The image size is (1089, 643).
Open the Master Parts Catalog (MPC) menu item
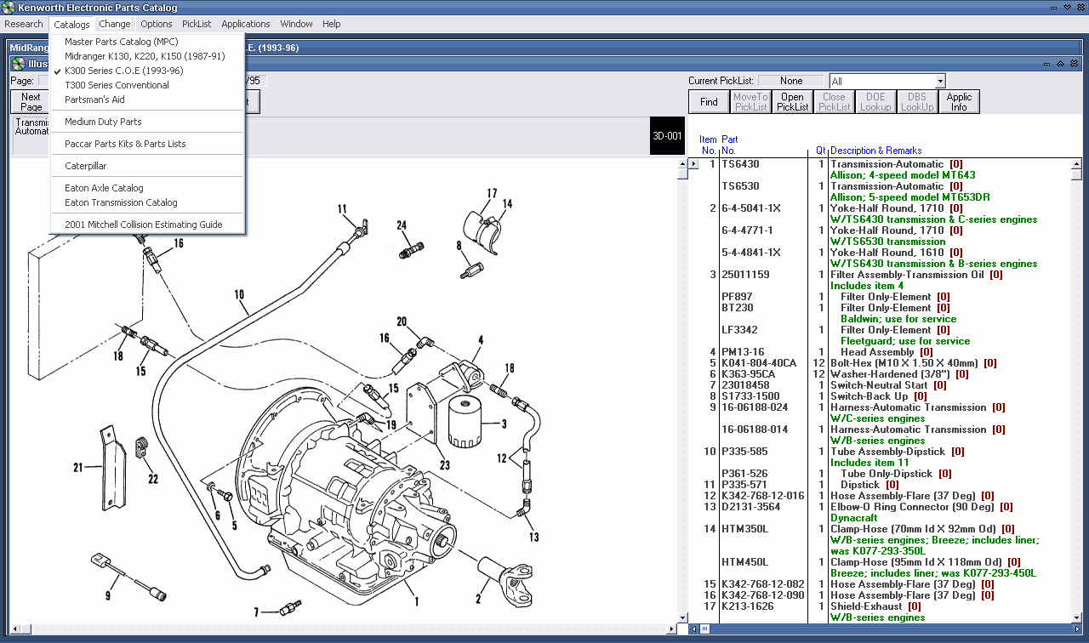pos(121,42)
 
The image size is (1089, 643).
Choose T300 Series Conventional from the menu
pos(117,85)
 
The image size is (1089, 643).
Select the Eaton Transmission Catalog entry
pos(121,202)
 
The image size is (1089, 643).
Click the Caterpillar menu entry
pos(85,166)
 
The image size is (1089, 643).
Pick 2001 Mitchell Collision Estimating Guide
pos(143,225)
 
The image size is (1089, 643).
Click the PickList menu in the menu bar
pos(196,24)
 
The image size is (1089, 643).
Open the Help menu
pos(331,24)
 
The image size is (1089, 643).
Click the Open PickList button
pos(792,102)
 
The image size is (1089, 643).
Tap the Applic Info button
pos(959,102)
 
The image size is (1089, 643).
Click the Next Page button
pos(31,102)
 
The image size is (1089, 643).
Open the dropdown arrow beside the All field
pos(939,81)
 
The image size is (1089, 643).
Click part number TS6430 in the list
pos(740,164)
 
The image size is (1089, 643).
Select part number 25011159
pos(745,275)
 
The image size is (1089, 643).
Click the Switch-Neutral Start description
pos(879,385)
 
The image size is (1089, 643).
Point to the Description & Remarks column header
pos(875,151)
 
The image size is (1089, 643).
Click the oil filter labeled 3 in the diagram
pos(465,420)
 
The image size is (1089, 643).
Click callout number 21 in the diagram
pos(77,467)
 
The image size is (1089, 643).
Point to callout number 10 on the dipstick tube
pos(239,295)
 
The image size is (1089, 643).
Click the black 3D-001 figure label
pos(666,136)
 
